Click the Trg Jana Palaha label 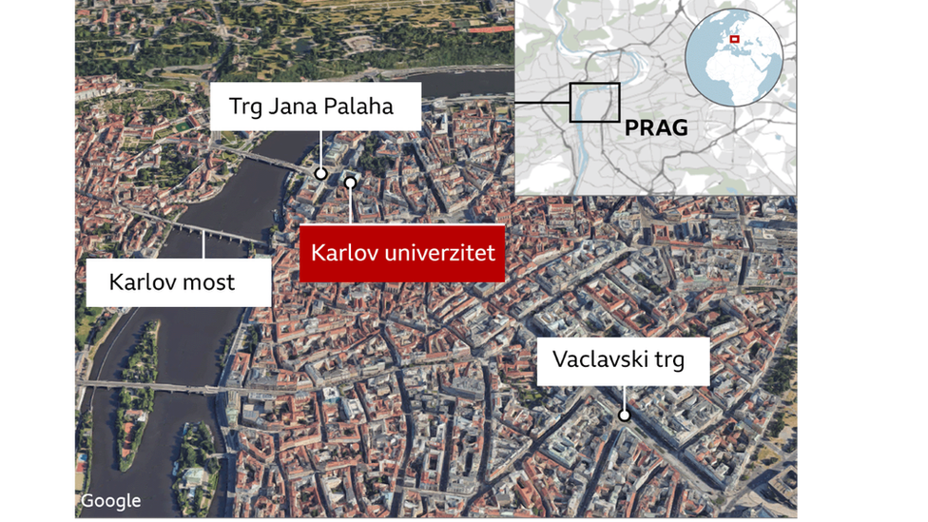[x=311, y=106]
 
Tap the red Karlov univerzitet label [x=402, y=254]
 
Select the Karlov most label [x=172, y=281]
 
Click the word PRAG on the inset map [x=656, y=127]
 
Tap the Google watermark [x=110, y=501]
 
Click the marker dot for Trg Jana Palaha [x=321, y=174]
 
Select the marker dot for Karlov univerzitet [x=351, y=182]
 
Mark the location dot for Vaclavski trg [x=625, y=415]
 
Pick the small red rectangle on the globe [x=734, y=40]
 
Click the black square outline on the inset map [x=594, y=103]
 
